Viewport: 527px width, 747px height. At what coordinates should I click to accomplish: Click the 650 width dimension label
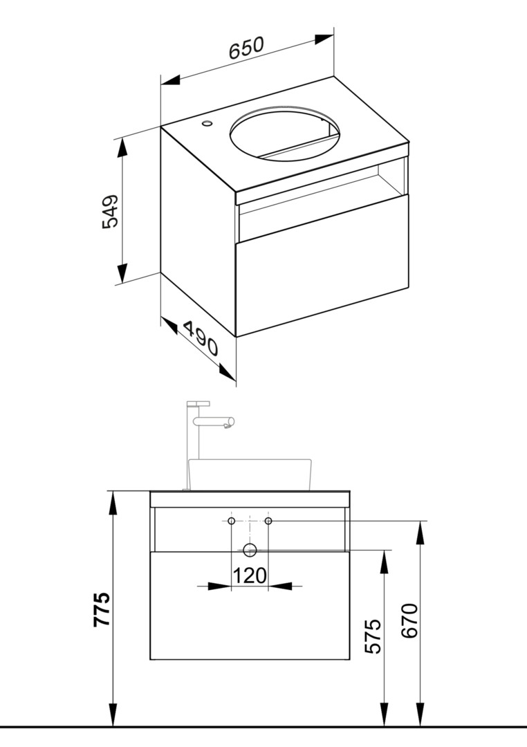tap(246, 48)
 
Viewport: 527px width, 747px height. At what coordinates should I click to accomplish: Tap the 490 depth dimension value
tap(201, 338)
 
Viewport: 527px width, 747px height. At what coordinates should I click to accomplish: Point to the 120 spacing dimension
tap(250, 575)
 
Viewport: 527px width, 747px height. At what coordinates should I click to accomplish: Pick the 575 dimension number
tap(373, 636)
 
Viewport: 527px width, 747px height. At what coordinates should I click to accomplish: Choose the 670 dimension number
tap(409, 620)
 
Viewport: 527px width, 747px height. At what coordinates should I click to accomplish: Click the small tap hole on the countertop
tap(207, 124)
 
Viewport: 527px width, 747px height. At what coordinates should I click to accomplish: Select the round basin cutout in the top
tap(285, 134)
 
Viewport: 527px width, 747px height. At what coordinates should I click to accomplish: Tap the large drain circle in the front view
tap(250, 551)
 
